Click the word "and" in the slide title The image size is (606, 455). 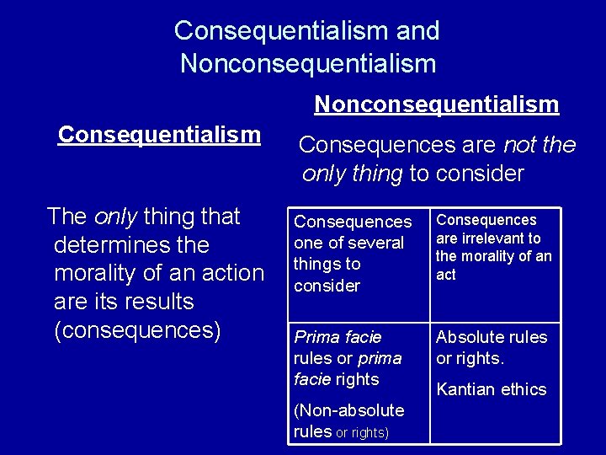point(417,31)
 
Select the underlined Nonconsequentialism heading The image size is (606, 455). point(436,104)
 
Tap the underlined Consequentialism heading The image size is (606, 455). point(159,135)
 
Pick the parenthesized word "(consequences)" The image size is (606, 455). point(137,330)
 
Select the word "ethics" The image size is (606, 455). point(526,389)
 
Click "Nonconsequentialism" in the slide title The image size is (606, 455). point(308,64)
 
